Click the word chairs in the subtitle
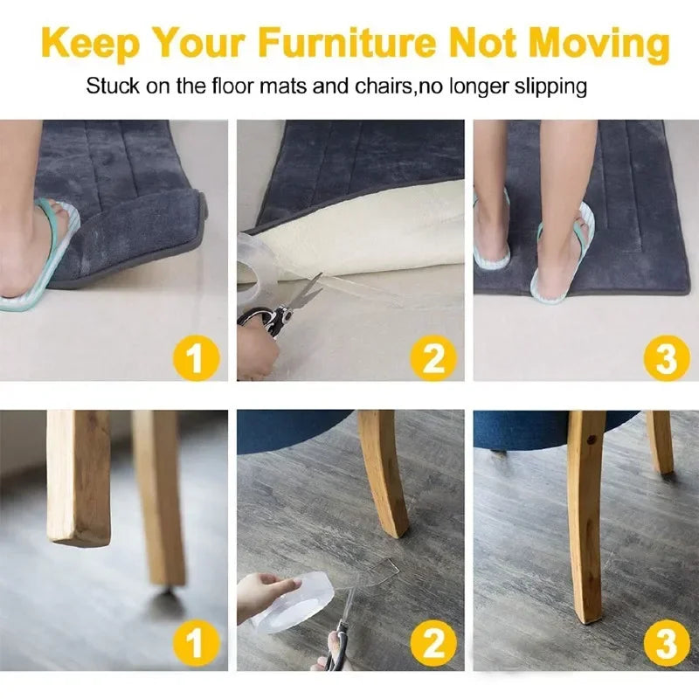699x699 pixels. (383, 86)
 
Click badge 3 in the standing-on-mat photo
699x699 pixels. (667, 358)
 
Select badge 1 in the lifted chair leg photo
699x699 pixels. (196, 643)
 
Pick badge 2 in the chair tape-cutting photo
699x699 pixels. (433, 643)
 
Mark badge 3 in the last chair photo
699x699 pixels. (667, 643)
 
